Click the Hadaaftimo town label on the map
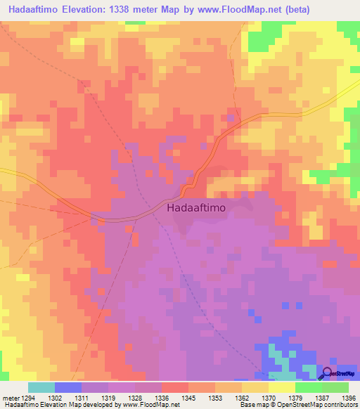click(198, 208)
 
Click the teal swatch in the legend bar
click(41, 387)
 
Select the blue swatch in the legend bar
click(68, 387)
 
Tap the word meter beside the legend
click(11, 397)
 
